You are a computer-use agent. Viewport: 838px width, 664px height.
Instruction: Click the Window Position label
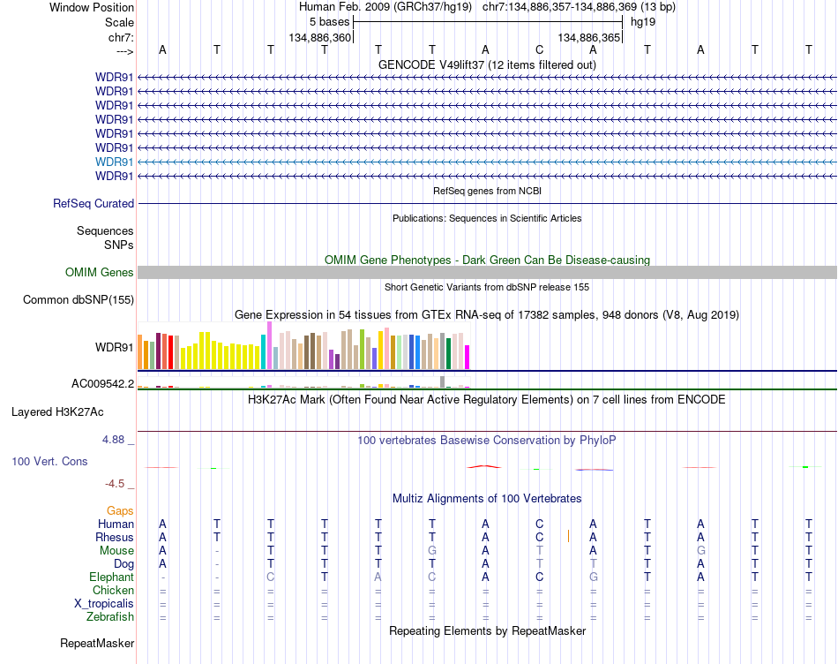(x=92, y=7)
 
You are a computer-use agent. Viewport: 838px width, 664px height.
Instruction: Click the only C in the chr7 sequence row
(x=539, y=49)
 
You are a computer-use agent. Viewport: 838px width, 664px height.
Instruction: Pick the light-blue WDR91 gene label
(x=115, y=162)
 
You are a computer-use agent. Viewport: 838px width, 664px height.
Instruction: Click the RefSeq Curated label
(x=94, y=203)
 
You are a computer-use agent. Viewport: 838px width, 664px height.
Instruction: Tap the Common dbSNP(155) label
(x=79, y=300)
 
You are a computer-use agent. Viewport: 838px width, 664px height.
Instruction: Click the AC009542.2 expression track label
(x=103, y=383)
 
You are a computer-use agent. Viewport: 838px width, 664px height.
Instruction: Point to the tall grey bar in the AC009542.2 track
(x=442, y=381)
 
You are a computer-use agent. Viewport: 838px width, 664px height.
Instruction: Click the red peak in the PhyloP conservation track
(x=484, y=466)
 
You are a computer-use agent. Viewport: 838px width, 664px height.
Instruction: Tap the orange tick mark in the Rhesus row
(x=568, y=536)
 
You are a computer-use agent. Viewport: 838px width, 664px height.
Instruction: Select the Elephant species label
(x=112, y=577)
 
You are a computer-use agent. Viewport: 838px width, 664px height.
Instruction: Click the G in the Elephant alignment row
(x=594, y=577)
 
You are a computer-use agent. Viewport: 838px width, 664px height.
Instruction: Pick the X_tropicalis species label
(x=104, y=603)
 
